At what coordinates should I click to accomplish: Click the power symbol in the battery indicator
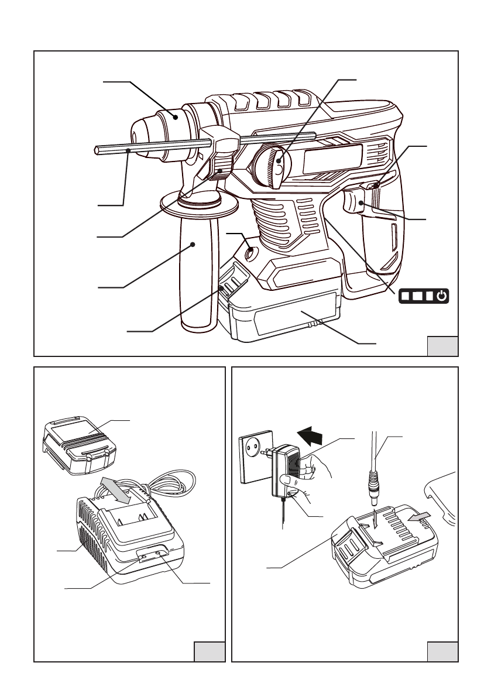click(442, 296)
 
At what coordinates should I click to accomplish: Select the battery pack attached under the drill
click(287, 319)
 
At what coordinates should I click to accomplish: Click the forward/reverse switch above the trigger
click(374, 186)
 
